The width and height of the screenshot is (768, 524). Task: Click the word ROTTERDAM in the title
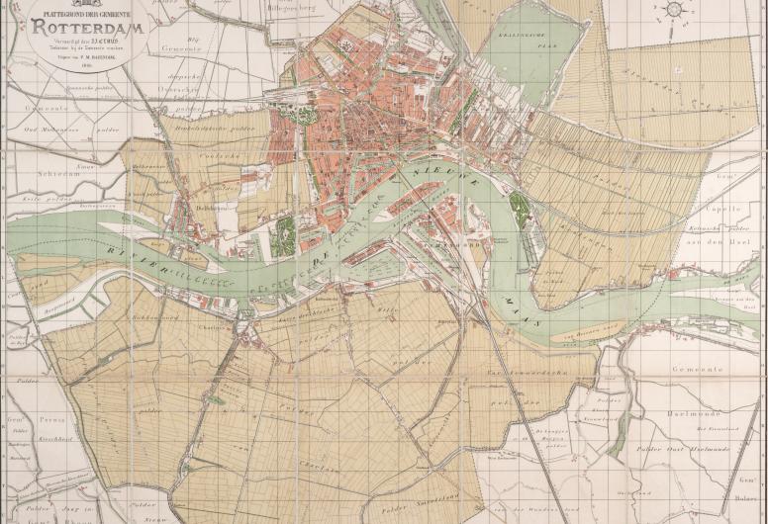[x=89, y=28]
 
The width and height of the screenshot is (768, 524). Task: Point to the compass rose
[x=675, y=10]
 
